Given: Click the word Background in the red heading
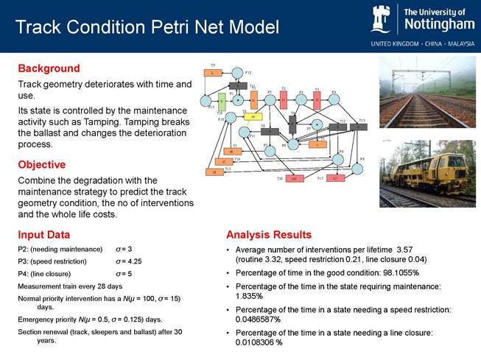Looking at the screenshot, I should pos(49,68).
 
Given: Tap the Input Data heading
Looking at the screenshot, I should pos(44,235).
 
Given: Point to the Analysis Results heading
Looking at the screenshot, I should pos(269,235).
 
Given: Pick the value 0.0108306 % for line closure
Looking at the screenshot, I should pos(259,342).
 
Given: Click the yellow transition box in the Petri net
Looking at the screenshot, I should pos(253,116).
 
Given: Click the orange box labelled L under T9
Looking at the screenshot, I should pos(213,73).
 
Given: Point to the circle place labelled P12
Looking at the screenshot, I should pos(237,72).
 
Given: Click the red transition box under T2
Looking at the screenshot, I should pos(284,99).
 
